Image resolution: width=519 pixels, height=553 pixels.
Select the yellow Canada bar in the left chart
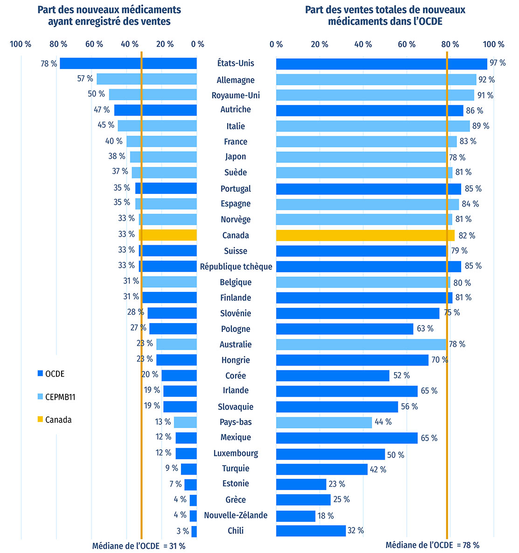[x=168, y=235]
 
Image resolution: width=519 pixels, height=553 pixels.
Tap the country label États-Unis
[x=235, y=63]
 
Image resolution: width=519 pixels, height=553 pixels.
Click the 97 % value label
[x=498, y=63]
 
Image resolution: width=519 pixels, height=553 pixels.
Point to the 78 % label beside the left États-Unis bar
[x=48, y=63]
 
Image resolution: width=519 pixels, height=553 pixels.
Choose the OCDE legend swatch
[x=40, y=374]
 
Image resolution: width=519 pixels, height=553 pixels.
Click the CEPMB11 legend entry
[x=60, y=397]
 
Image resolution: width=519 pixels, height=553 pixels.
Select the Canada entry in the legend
[x=58, y=420]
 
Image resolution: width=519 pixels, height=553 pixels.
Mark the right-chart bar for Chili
[x=311, y=531]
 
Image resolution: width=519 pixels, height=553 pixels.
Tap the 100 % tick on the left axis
[x=21, y=44]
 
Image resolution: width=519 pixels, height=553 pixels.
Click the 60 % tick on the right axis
[x=407, y=44]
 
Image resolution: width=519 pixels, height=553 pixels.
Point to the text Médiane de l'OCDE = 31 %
[x=138, y=546]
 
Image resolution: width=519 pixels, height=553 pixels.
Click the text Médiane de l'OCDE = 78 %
[x=432, y=545]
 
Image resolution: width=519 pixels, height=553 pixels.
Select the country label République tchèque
[x=236, y=267]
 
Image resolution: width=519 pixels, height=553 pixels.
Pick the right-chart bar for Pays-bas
[x=324, y=422]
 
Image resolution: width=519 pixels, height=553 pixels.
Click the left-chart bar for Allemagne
[x=146, y=79]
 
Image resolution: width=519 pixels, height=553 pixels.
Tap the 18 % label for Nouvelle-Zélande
[x=325, y=516]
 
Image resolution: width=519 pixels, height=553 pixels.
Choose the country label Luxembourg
[x=235, y=453]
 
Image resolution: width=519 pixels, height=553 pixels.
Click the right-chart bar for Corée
[x=332, y=376]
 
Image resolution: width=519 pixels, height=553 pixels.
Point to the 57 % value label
[x=85, y=79]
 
